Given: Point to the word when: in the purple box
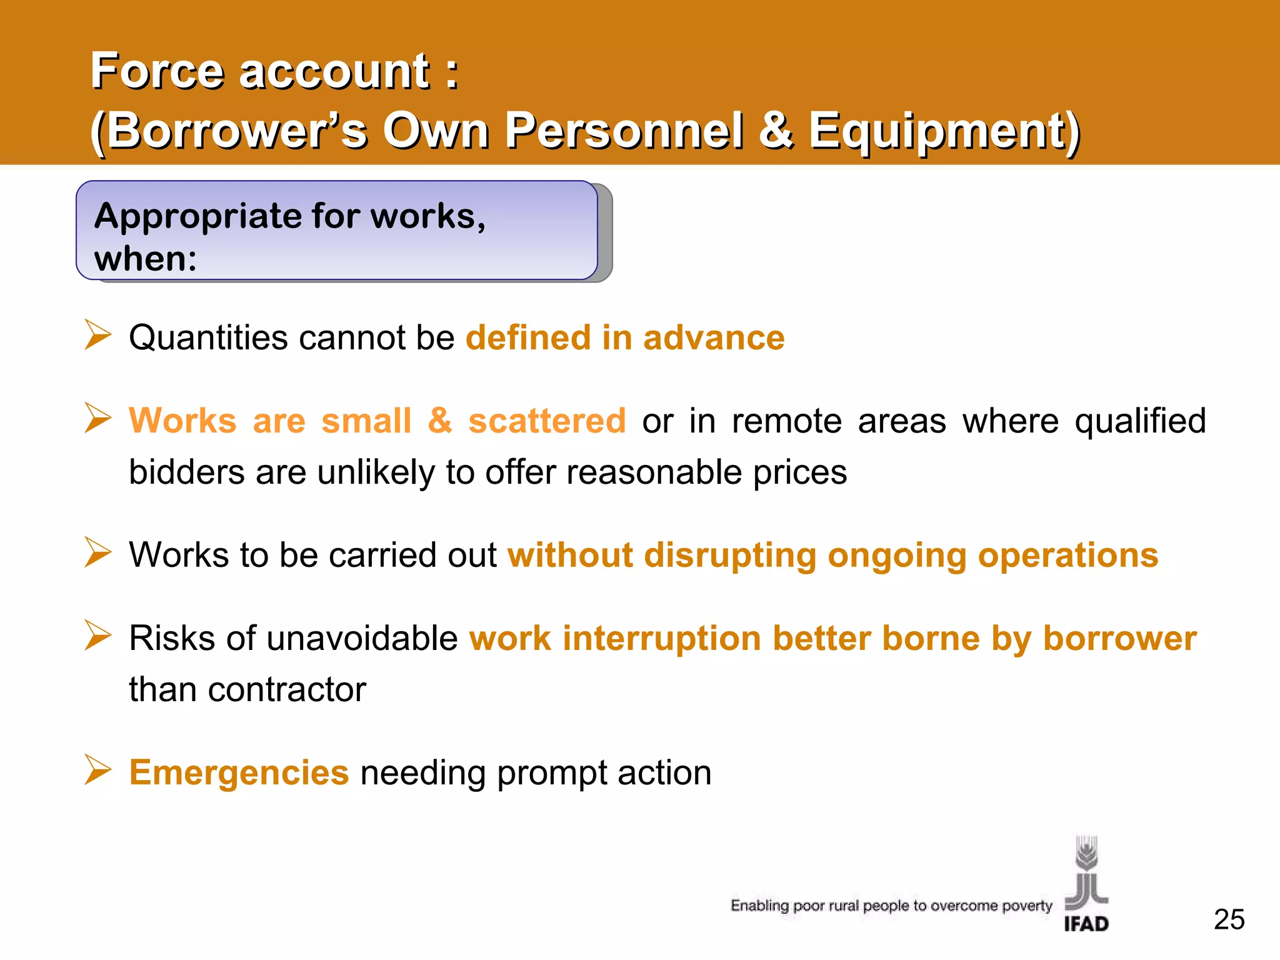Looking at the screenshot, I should coord(145,259).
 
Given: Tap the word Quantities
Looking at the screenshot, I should coord(208,338).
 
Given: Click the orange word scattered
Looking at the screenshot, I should coord(547,421).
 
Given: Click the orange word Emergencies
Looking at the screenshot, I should coord(239,772).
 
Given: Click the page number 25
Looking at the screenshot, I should coord(1229,919).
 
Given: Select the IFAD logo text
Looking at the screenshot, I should coord(1086,924).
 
